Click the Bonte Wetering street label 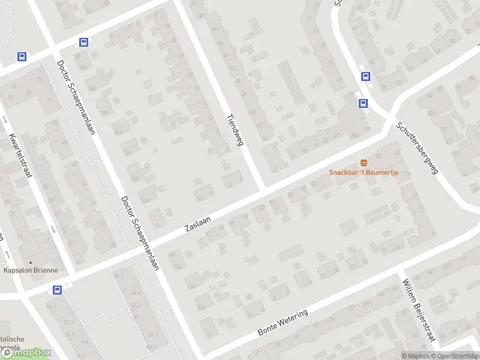[x=282, y=323]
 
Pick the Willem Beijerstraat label [x=418, y=312]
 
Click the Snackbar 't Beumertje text [x=364, y=173]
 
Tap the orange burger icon [x=364, y=163]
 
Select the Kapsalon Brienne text [x=31, y=270]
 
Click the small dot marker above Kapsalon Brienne [x=31, y=262]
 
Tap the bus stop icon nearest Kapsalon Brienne [x=57, y=290]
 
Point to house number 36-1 [x=118, y=275]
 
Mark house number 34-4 [x=137, y=293]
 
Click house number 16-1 [x=50, y=307]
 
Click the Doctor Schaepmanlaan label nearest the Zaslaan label [x=139, y=233]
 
